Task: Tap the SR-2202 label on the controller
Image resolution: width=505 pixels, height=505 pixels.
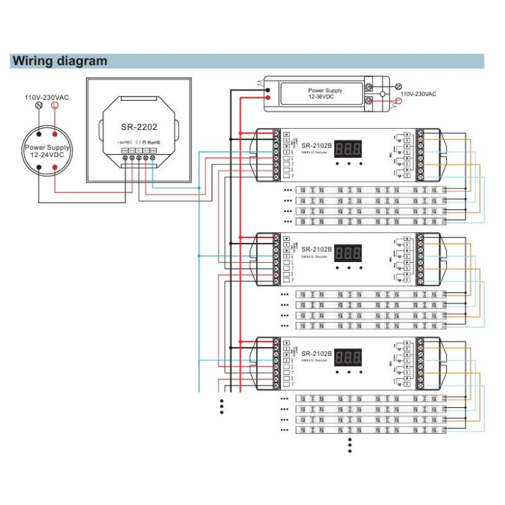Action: [x=139, y=126]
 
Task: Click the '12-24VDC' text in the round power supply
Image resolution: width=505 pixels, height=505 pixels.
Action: [x=47, y=155]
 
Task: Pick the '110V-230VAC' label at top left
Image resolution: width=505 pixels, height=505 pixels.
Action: [x=47, y=97]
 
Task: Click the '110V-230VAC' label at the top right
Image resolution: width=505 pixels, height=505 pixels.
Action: [x=418, y=93]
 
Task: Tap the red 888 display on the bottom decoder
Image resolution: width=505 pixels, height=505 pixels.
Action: [x=348, y=357]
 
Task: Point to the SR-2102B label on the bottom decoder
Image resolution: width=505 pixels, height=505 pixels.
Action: [x=315, y=352]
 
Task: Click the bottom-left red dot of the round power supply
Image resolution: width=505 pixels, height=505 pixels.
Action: [x=56, y=167]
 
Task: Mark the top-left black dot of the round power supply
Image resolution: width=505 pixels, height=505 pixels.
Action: [x=39, y=134]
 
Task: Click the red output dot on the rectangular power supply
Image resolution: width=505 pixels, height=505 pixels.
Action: [x=269, y=97]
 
